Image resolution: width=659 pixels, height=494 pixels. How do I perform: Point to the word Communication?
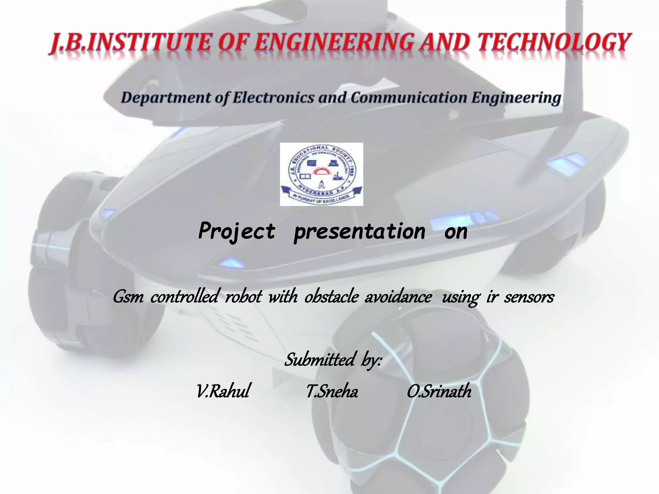409,98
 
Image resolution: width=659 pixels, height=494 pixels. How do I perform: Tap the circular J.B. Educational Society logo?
321,174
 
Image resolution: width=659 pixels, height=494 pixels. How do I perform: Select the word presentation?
359,232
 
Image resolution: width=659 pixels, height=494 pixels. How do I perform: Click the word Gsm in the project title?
128,297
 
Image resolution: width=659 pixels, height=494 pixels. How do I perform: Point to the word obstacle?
331,297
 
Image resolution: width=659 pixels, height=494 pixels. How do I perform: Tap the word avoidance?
398,297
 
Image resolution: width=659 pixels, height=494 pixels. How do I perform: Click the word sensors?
529,297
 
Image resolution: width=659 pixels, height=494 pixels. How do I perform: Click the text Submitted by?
333,360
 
